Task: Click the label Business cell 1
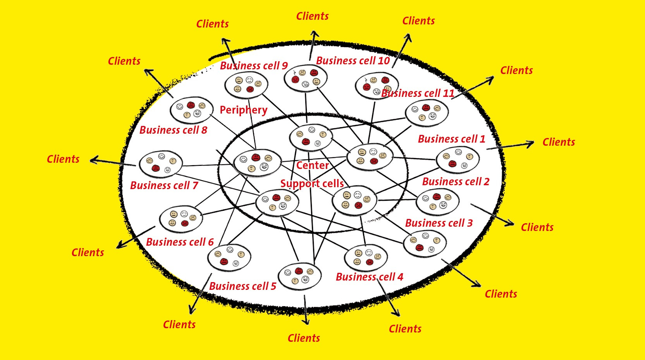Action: (x=451, y=139)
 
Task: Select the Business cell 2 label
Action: (x=456, y=182)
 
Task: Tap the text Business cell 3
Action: (x=439, y=223)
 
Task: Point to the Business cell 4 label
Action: (x=369, y=277)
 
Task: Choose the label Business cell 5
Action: (x=243, y=286)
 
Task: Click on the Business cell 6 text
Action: (x=180, y=242)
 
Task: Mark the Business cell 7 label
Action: (x=164, y=186)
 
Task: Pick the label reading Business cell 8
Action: (x=173, y=130)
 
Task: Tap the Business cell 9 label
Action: (x=254, y=66)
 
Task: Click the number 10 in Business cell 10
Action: (x=384, y=61)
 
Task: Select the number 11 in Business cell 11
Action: (x=448, y=93)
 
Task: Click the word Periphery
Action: (x=243, y=110)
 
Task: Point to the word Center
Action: (x=312, y=166)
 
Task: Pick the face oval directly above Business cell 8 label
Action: (x=191, y=110)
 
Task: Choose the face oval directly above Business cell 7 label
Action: (x=160, y=164)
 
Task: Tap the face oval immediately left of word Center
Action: (x=257, y=163)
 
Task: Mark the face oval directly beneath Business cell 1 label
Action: (x=458, y=160)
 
